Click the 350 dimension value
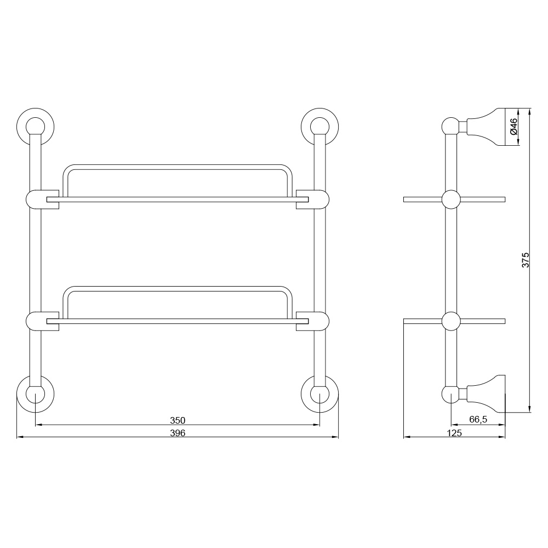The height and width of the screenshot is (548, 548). tap(177, 420)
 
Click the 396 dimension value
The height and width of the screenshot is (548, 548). tap(177, 433)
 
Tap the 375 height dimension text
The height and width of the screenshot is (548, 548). tap(526, 260)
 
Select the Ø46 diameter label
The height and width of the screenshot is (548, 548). tap(513, 127)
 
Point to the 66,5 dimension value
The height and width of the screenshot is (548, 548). tap(478, 419)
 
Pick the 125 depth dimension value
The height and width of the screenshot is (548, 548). tap(454, 433)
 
